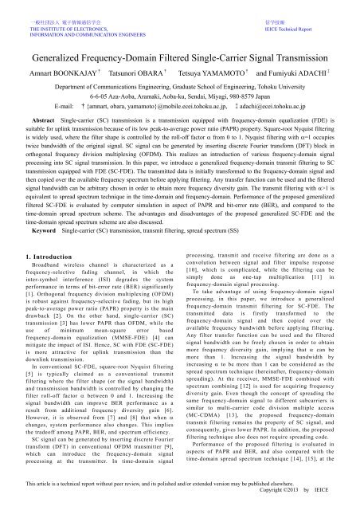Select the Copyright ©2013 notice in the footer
tap(272, 500)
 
